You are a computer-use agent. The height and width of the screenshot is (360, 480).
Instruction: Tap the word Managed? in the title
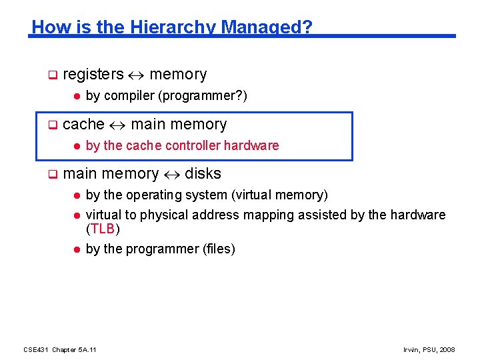(x=267, y=27)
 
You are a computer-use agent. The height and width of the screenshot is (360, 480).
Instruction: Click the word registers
(x=93, y=74)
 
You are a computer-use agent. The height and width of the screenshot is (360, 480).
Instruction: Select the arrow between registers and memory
(x=137, y=75)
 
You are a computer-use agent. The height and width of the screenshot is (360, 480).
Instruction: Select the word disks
(x=203, y=174)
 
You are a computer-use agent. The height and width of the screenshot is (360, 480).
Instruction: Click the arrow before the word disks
(x=171, y=175)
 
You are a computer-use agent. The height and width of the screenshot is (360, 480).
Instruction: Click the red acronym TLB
(x=103, y=229)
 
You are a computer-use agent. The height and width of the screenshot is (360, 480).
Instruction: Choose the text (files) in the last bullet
(x=219, y=249)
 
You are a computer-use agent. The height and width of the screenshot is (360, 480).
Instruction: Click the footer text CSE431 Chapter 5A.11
(x=60, y=349)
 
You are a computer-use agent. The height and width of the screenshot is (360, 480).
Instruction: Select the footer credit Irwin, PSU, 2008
(x=429, y=349)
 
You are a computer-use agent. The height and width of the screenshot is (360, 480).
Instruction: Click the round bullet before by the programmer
(x=76, y=249)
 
